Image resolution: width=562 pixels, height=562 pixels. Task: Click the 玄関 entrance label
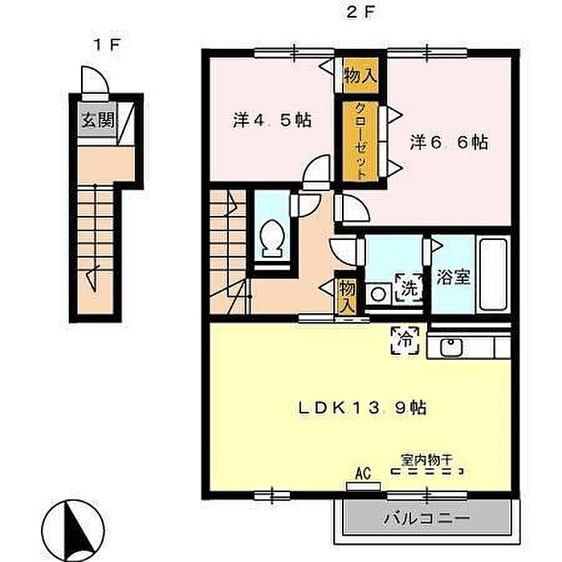point(98,120)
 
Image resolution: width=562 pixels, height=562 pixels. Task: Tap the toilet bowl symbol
point(272,238)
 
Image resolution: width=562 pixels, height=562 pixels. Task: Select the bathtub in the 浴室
point(494,275)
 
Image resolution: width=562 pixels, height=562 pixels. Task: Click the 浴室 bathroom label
point(453,277)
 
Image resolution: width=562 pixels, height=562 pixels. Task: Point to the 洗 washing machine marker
point(409,287)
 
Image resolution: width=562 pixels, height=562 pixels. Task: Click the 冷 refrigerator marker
point(405,340)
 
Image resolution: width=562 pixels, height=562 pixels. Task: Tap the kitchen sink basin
point(451,347)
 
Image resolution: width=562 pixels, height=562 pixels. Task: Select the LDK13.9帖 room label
point(362,408)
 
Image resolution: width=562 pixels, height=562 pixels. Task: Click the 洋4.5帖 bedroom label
point(271,120)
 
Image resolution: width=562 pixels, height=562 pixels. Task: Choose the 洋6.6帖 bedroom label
point(449,142)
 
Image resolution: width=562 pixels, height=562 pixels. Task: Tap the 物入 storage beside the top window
point(360,75)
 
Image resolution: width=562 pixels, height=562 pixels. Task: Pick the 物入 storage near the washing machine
point(348,296)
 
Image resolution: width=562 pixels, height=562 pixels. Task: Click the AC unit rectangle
point(363,486)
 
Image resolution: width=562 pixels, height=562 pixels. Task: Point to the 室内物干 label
point(427,460)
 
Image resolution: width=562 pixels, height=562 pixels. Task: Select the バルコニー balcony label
point(426,519)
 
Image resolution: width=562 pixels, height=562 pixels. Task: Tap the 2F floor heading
point(360,14)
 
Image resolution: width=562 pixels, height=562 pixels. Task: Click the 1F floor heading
point(106,46)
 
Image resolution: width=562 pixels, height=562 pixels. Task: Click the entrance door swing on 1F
point(95,79)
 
